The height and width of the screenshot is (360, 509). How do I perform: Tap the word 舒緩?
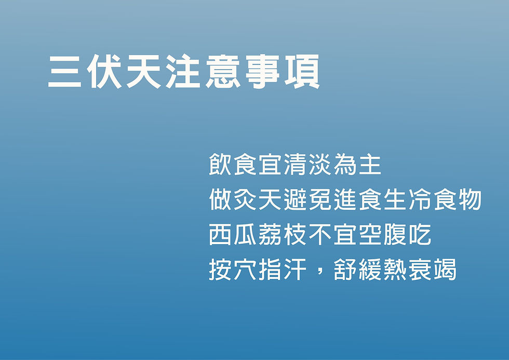pos(358,270)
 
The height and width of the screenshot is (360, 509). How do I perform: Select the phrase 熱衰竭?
pos(420,270)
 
